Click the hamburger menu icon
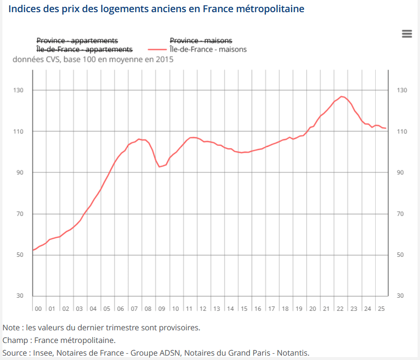(407, 33)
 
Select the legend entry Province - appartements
(77, 40)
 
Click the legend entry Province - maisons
(201, 40)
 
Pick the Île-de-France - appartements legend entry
(84, 49)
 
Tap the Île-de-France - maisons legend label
(208, 49)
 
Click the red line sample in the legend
(157, 49)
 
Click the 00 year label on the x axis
(38, 308)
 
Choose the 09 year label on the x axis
(162, 308)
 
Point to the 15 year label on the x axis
(244, 308)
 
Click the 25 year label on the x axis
(382, 308)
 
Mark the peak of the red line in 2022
(342, 96)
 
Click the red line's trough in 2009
(159, 167)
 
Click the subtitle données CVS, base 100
(93, 60)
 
